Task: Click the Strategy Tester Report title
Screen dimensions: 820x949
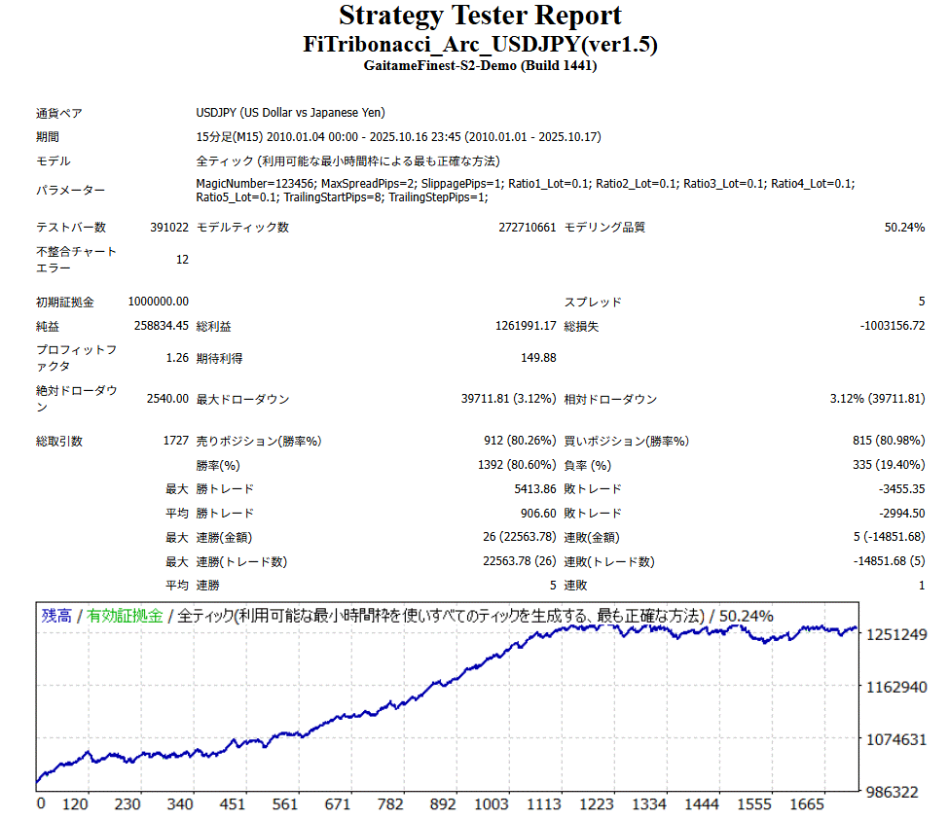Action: coord(480,16)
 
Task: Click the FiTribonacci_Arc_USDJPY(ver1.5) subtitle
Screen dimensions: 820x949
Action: coord(480,45)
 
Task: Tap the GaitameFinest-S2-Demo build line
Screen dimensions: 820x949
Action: coord(480,66)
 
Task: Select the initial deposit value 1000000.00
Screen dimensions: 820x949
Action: coord(159,303)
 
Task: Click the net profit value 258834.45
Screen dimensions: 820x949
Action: coord(162,327)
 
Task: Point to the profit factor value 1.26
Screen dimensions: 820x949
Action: coord(177,358)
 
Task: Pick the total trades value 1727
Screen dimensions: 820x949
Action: coord(176,442)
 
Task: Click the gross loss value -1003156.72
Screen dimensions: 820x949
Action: coord(893,327)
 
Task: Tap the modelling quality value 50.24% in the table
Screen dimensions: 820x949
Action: coord(903,228)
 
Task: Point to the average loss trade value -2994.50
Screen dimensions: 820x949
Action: coord(900,514)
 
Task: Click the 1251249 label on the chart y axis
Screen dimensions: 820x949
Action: coord(896,634)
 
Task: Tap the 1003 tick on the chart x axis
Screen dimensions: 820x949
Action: coord(492,804)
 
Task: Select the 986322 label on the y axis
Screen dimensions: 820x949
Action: coord(892,792)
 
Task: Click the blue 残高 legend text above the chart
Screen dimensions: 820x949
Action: coord(56,616)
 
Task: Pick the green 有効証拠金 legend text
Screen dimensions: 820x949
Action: coord(125,616)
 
